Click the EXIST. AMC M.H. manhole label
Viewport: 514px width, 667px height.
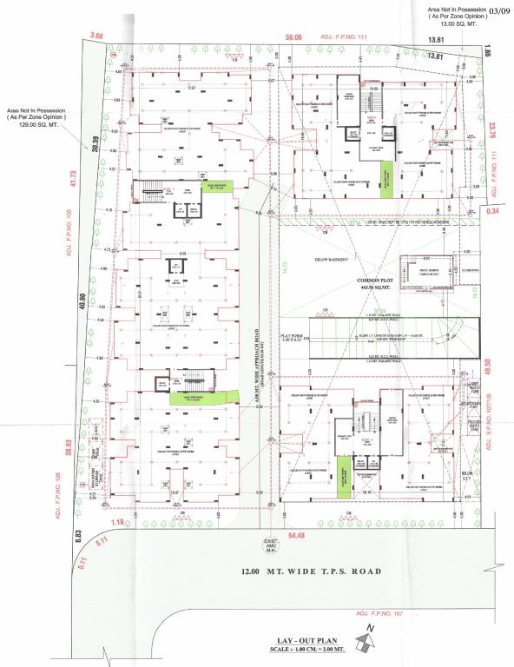269,547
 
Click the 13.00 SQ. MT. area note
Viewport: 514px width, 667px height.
458,25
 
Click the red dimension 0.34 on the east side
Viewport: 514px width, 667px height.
493,211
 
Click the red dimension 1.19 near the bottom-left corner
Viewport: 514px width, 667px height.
118,522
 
